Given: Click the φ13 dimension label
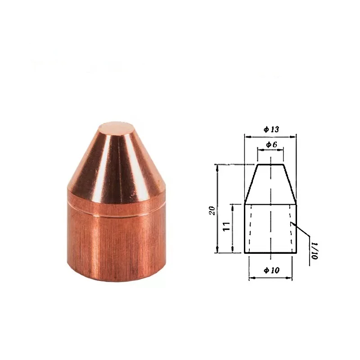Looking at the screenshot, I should pyautogui.click(x=271, y=129).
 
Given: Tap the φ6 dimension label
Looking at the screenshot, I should pyautogui.click(x=270, y=144).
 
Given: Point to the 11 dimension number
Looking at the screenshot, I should pyautogui.click(x=227, y=226).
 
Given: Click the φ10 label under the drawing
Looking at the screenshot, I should pyautogui.click(x=271, y=270).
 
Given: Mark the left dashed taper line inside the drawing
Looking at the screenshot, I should pyautogui.click(x=247, y=229).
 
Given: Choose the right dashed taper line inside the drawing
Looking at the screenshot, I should pyautogui.click(x=292, y=229).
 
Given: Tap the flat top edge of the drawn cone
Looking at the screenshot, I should pyautogui.click(x=270, y=165).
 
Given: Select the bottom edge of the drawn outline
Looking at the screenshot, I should pyautogui.click(x=270, y=252).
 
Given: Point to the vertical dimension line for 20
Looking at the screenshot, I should pyautogui.click(x=218, y=189).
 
